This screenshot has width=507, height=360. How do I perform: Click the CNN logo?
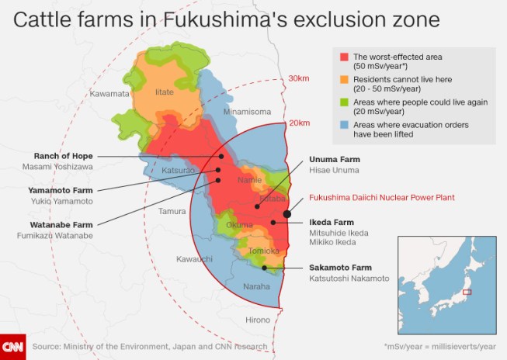pos(12,346)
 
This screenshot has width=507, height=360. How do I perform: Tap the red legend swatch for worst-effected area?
pos(343,57)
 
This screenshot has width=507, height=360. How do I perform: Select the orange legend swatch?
pos(343,79)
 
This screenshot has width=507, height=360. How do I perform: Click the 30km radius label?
pos(299,78)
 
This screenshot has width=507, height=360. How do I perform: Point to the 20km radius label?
pos(299,123)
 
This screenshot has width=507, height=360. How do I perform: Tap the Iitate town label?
pos(165,92)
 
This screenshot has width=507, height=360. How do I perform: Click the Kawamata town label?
pos(108,94)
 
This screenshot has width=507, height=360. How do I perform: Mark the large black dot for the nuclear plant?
pos(288,213)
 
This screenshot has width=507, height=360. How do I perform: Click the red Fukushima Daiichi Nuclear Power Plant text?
pos(381,198)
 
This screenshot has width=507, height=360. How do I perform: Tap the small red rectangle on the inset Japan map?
pos(467,292)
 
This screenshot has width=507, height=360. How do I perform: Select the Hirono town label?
pos(258,320)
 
